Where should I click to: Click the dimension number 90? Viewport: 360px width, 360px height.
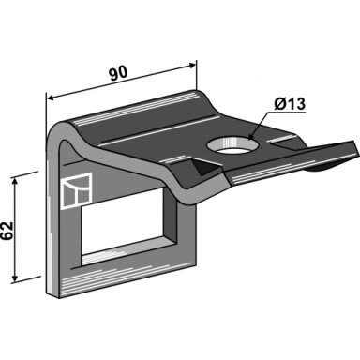coord(118,74)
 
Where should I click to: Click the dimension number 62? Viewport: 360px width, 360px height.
coord(7,231)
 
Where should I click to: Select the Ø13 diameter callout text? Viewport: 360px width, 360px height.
coord(290,103)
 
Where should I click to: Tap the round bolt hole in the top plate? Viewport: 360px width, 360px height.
coord(232,145)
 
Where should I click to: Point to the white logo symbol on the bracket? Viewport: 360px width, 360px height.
coord(77,190)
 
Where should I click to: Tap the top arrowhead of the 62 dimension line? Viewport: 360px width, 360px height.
coord(14,182)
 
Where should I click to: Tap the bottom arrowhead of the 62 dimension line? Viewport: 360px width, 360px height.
coord(14,277)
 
